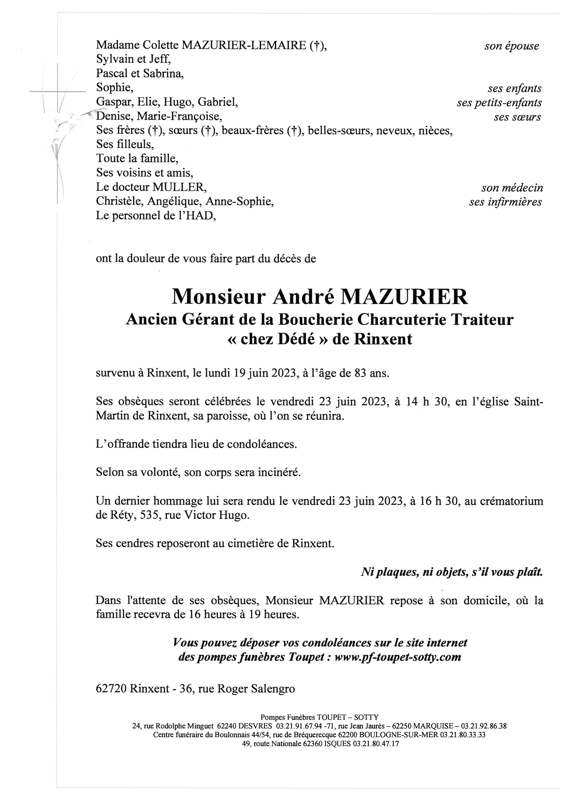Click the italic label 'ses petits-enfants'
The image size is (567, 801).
point(499,103)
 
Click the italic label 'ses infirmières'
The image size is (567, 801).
point(505,202)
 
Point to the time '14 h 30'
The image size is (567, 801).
point(427,402)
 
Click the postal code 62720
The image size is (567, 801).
point(111,689)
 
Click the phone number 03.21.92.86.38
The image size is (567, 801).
point(483,726)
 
